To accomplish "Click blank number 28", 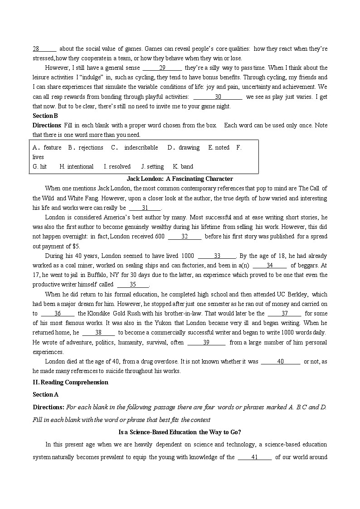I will pyautogui.click(x=44, y=48).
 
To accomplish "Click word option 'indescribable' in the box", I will pyautogui.click(x=141, y=147).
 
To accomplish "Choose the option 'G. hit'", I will pyautogui.click(x=39, y=166).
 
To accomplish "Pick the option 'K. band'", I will pyautogui.click(x=183, y=166).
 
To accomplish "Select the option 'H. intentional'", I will pyautogui.click(x=76, y=166).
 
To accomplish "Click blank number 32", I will pyautogui.click(x=185, y=236).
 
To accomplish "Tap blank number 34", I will pyautogui.click(x=269, y=265).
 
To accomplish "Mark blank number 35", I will pyautogui.click(x=133, y=285).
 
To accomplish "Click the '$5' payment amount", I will pyautogui.click(x=76, y=246).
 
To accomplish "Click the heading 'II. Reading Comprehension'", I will pyautogui.click(x=70, y=382).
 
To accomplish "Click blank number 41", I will pyautogui.click(x=254, y=457).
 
